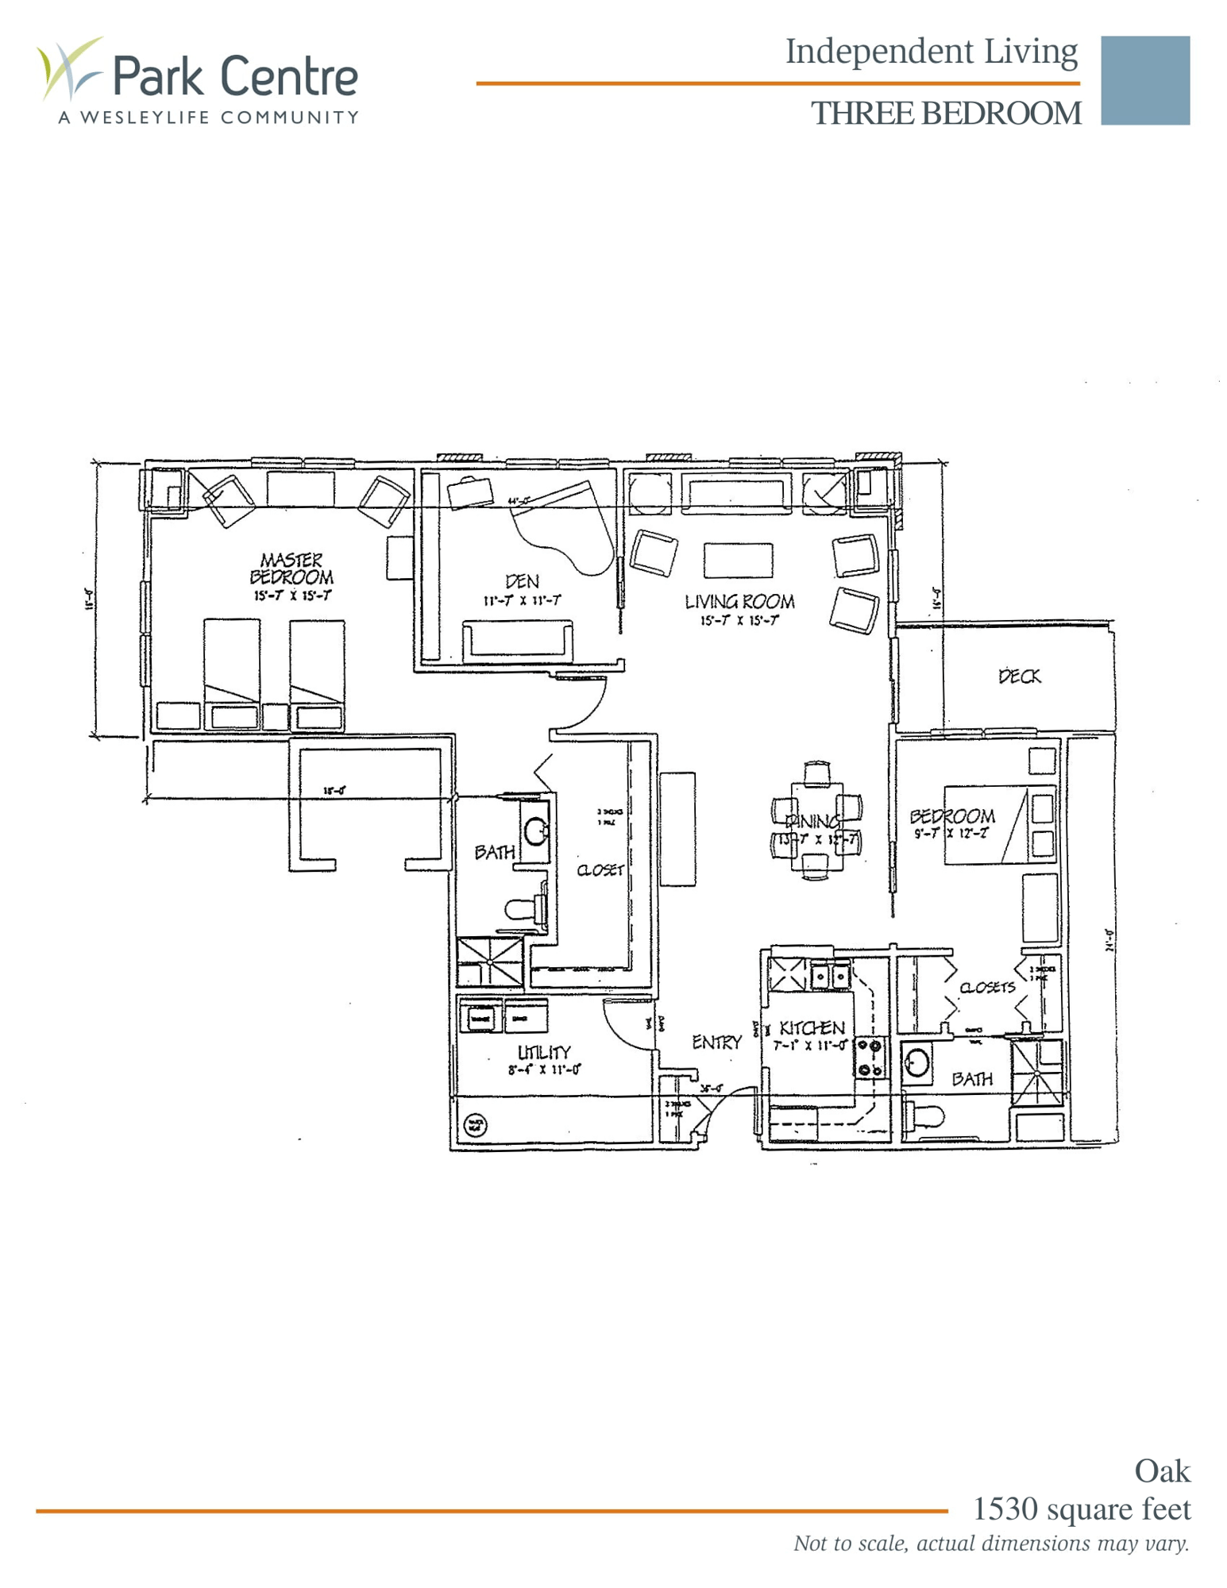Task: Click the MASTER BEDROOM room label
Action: (x=291, y=569)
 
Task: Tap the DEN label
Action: (x=522, y=581)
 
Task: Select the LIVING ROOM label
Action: (x=739, y=602)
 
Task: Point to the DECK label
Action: (x=1019, y=676)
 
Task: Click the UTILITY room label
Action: (x=544, y=1052)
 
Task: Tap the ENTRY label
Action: (x=716, y=1043)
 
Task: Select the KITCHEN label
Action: (x=812, y=1028)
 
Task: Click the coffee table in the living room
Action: (x=738, y=560)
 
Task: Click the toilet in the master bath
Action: (x=524, y=909)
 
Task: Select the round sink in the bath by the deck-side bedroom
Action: (x=917, y=1062)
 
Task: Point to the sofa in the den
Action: (x=517, y=640)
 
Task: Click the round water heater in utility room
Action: (x=475, y=1124)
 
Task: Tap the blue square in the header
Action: (x=1144, y=80)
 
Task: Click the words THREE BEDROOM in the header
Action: (x=945, y=114)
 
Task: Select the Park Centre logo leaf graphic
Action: (x=69, y=67)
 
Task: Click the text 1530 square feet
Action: (x=1081, y=1509)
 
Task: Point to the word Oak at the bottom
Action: (x=1161, y=1471)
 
